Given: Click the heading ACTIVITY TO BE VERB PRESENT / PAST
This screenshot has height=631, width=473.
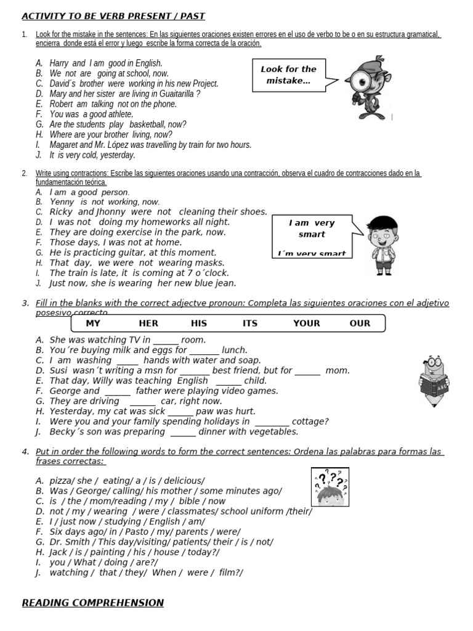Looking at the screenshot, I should (113, 16).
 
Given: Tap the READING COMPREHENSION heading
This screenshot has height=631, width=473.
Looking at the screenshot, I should (92, 603).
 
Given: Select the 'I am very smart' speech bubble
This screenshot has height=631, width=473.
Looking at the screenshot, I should (312, 235).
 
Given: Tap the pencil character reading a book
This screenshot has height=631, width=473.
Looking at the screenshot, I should (436, 380).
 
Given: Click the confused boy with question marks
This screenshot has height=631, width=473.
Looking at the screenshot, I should (330, 487).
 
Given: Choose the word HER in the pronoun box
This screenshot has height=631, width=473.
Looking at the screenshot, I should (148, 323).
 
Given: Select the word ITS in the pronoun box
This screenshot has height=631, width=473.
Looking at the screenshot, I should (250, 323).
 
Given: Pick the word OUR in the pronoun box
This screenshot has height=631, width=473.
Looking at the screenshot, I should (360, 323).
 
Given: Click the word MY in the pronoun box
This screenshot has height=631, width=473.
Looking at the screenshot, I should (93, 323).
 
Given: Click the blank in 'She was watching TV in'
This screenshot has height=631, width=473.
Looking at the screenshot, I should (166, 340).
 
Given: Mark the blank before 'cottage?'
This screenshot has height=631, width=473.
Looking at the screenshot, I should (272, 422).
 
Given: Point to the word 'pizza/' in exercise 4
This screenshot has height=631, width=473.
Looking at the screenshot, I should (62, 481).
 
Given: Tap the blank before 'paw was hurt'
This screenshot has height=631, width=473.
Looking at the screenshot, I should (180, 412).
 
